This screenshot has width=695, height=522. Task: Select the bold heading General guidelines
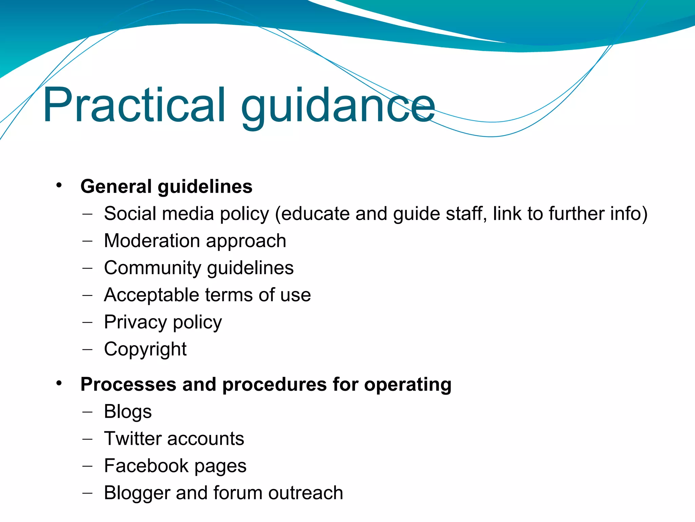click(166, 187)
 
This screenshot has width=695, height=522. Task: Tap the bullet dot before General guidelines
click(59, 185)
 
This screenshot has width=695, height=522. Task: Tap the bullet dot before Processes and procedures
click(59, 383)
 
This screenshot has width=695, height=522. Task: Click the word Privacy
click(135, 322)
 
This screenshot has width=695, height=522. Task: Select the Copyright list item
click(145, 349)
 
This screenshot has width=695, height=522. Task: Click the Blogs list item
click(128, 412)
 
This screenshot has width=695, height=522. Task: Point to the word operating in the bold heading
click(408, 385)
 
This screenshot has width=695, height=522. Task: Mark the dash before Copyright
click(87, 349)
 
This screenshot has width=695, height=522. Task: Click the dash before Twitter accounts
click(87, 438)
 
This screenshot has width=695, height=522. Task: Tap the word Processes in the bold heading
click(128, 384)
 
